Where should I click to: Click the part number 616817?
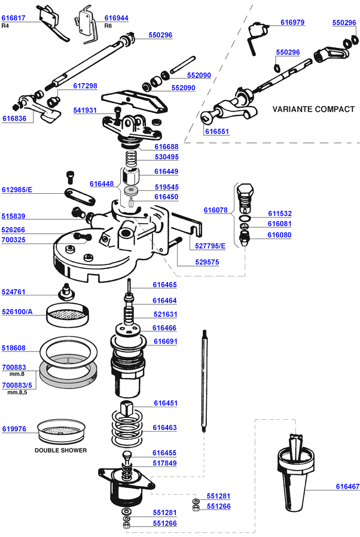coord(14,19)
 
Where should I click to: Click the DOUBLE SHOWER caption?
coord(60,450)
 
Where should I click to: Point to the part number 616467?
coord(347,487)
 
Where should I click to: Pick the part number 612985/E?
coord(17,190)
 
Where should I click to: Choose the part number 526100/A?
coord(17,312)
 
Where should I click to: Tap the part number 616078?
coord(215,210)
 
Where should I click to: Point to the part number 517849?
coord(164,463)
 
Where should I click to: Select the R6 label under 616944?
coord(108,26)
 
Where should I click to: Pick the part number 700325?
coord(14,239)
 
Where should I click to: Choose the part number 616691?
coord(166,341)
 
